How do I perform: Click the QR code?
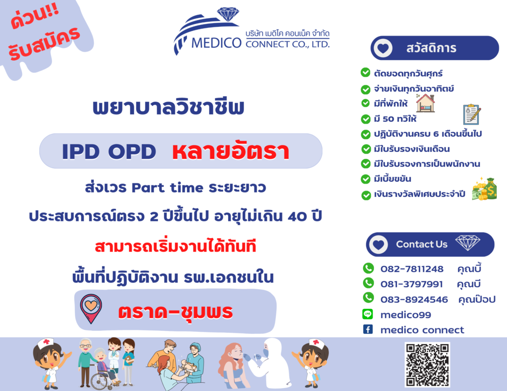tap(427, 365)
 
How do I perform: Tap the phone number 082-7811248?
tap(412, 269)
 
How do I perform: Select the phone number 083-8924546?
tap(414, 300)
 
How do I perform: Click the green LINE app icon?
tap(368, 314)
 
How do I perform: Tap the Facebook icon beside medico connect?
tap(368, 329)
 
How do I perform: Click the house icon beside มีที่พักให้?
tap(426, 103)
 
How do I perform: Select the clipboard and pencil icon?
tap(472, 114)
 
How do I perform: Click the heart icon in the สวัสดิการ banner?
tap(383, 48)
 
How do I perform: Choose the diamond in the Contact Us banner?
tap(467, 242)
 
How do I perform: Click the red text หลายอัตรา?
tap(230, 151)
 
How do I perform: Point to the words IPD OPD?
tap(109, 152)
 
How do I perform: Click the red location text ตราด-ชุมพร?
tap(176, 312)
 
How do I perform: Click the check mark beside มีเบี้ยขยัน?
tap(366, 179)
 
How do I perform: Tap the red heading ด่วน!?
tap(35, 16)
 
